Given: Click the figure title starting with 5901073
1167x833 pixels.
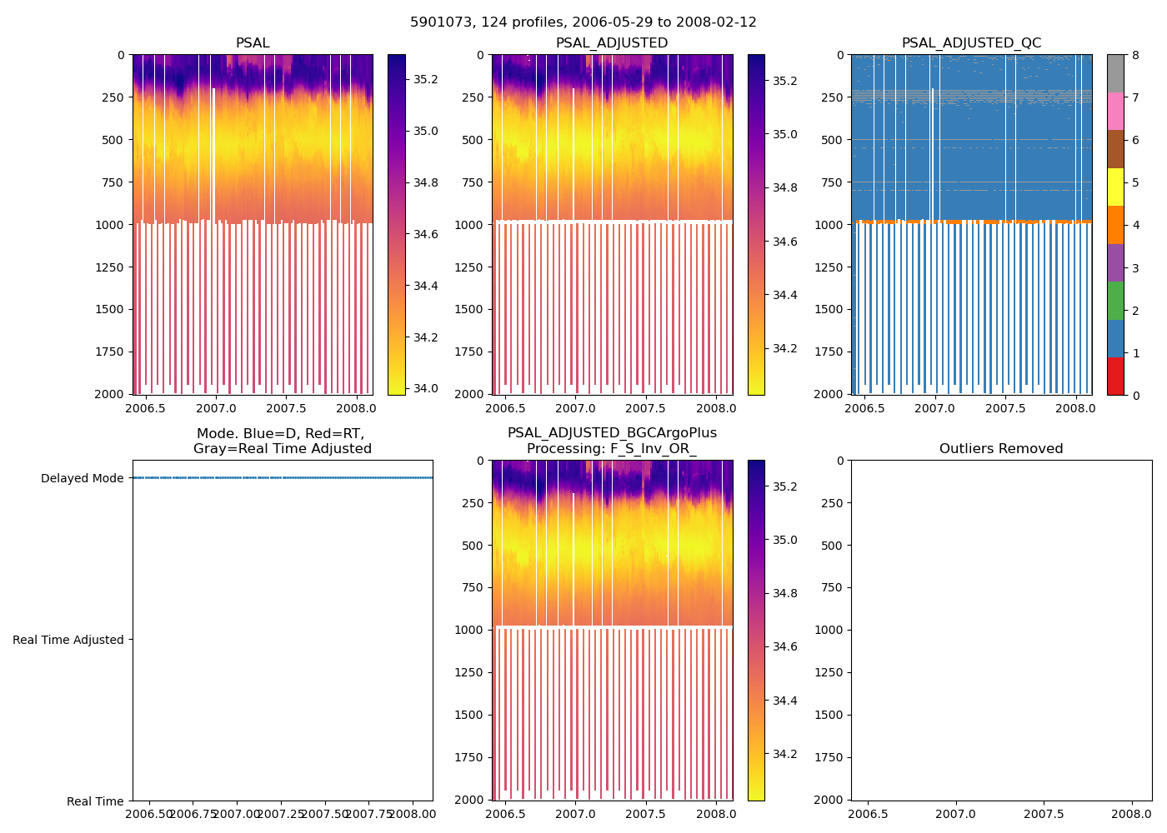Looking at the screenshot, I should [x=583, y=22].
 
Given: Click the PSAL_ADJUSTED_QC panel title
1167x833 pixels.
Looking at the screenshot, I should [x=971, y=43].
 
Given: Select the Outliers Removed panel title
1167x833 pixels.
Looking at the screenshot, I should [x=1000, y=449].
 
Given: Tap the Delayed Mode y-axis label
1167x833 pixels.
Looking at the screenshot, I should [x=82, y=478].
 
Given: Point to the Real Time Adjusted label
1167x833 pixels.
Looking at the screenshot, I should [x=68, y=640].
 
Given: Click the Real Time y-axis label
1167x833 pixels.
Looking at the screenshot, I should [x=95, y=801].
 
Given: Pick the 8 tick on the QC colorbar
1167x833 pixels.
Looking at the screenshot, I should [x=1134, y=55].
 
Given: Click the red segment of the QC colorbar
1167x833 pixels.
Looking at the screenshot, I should [x=1115, y=376].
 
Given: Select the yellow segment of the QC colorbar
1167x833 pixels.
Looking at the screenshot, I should [x=1115, y=187].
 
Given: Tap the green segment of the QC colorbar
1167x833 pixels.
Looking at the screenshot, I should [x=1115, y=300].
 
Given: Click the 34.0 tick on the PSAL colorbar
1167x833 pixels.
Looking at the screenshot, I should [x=425, y=388].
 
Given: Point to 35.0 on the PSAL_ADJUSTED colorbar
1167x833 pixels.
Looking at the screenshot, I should [x=784, y=134].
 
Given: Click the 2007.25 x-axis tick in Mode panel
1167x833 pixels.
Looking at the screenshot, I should [x=281, y=813].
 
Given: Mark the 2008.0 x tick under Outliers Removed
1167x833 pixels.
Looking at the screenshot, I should [x=1131, y=813].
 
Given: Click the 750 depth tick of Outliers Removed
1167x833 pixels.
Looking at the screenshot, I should [x=830, y=587].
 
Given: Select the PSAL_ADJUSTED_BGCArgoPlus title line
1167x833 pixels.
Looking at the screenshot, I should [x=612, y=433].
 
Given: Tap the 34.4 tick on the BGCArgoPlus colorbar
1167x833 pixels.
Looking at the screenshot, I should [x=784, y=701].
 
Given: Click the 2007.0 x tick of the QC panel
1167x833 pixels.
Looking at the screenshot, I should [x=934, y=408].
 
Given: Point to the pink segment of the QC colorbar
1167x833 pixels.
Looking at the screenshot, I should [x=1115, y=111].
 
